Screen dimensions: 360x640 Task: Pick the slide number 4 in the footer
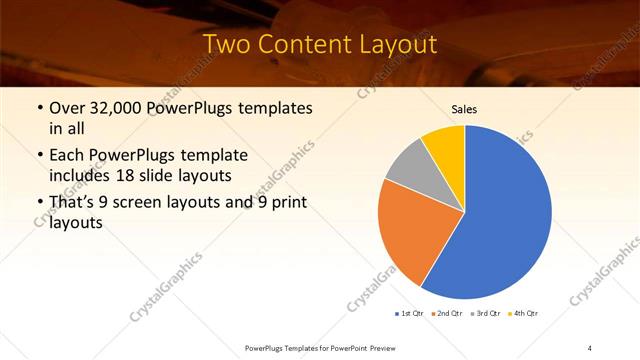click(590, 348)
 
